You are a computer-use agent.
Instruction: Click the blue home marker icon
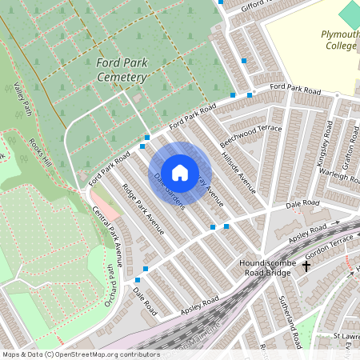(180, 172)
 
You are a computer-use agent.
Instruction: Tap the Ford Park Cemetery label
(122, 70)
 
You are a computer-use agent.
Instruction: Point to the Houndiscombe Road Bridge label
(268, 267)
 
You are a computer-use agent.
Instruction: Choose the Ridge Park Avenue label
(143, 210)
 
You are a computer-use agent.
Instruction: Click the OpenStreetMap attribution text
(80, 354)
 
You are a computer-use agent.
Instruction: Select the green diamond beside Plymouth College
(350, 14)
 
